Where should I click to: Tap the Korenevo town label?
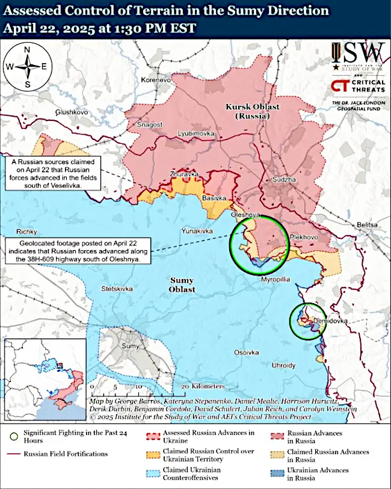click(x=156, y=80)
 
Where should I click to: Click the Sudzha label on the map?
click(x=285, y=179)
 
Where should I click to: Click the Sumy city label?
click(x=130, y=346)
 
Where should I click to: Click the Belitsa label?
click(x=366, y=224)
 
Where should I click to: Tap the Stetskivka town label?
click(x=117, y=289)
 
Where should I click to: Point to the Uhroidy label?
click(x=284, y=365)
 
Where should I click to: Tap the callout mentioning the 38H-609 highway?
click(x=76, y=250)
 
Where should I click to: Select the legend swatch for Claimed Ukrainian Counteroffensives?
click(x=153, y=473)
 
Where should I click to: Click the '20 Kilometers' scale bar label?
click(x=203, y=386)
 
